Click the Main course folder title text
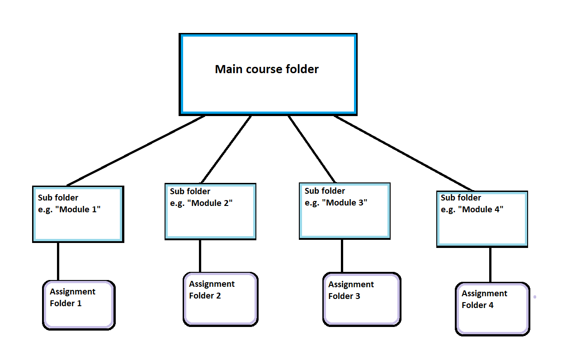coord(267,69)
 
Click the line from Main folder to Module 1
coord(136,150)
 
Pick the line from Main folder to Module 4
coord(404,153)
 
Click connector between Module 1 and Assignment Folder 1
coord(58,261)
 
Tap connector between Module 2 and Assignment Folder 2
coord(200,256)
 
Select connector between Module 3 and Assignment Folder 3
coord(342,256)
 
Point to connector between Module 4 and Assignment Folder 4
coord(490,265)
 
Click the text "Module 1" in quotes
coord(79,210)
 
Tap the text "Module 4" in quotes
coord(482,210)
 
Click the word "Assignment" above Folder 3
coord(351,285)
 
